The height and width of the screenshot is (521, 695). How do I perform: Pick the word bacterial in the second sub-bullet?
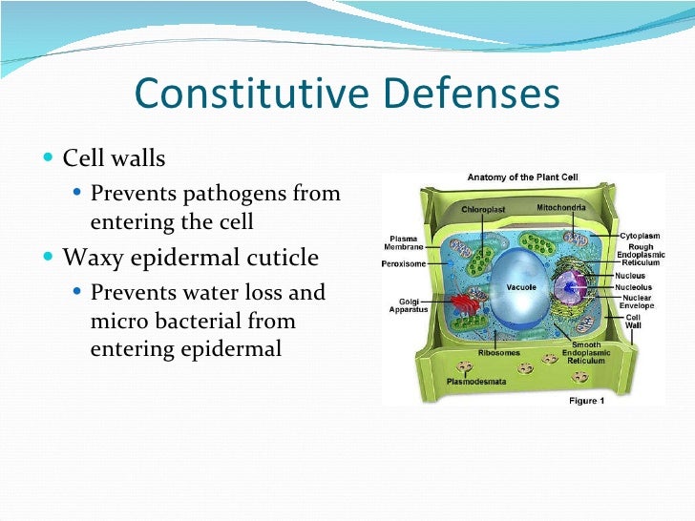click(x=191, y=321)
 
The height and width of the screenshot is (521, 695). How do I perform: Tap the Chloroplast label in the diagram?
click(x=481, y=207)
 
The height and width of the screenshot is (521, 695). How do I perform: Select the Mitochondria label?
click(x=563, y=206)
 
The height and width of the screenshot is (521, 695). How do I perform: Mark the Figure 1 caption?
click(x=586, y=401)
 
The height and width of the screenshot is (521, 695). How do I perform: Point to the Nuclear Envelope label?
click(x=637, y=302)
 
